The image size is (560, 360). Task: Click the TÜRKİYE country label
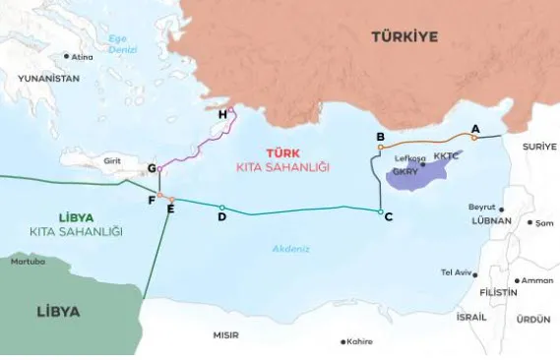[404, 37]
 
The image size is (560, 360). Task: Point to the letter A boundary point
[475, 129]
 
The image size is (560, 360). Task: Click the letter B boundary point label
[380, 136]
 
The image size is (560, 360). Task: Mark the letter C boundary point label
[389, 216]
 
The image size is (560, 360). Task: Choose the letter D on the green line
[222, 216]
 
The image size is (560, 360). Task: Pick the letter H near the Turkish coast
[222, 115]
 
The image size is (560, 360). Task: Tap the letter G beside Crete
[152, 168]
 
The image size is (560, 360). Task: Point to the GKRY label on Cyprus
[405, 171]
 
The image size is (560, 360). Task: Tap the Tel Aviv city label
[457, 272]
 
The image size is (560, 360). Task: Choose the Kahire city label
[359, 341]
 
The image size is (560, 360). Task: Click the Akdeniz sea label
[291, 248]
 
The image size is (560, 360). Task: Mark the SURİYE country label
[539, 146]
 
